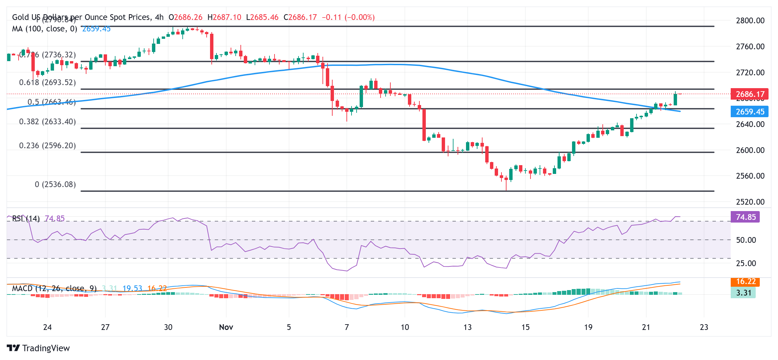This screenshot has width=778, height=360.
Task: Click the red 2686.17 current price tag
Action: [x=749, y=94]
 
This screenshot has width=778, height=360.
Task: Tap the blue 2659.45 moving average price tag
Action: [x=749, y=112]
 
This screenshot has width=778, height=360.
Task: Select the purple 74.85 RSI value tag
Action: [x=745, y=217]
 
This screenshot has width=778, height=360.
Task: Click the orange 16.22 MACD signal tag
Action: [x=745, y=282]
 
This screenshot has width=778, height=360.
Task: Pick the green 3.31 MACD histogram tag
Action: [x=743, y=292]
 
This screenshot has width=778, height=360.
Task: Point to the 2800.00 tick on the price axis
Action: [x=750, y=21]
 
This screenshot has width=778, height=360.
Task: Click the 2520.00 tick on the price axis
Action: [x=750, y=202]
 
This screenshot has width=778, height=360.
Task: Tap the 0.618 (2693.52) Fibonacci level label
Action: [x=47, y=82]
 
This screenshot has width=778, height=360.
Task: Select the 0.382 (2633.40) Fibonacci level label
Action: [x=47, y=122]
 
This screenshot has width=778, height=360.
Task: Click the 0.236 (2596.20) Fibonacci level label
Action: [x=47, y=146]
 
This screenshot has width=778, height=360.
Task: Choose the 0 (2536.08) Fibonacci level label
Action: [x=55, y=184]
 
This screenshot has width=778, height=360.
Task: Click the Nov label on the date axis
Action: [x=226, y=327]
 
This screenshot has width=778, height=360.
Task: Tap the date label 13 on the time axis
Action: [x=467, y=327]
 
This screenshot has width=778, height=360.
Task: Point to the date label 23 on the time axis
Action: [x=704, y=327]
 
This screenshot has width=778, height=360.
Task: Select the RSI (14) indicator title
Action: [x=26, y=218]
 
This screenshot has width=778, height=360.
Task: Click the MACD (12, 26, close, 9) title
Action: [x=54, y=288]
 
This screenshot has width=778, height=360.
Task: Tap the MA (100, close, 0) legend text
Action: [x=44, y=29]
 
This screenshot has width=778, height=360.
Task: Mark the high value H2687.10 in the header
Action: [x=224, y=17]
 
